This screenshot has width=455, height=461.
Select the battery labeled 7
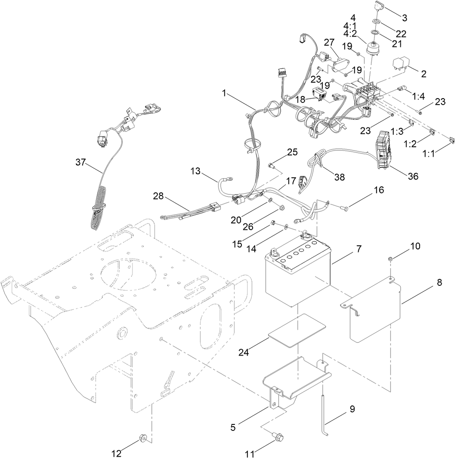[x=297, y=275]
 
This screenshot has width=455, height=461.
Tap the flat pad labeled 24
[x=297, y=329]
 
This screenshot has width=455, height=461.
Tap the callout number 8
[x=439, y=283]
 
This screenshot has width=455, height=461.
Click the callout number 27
[x=329, y=42]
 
